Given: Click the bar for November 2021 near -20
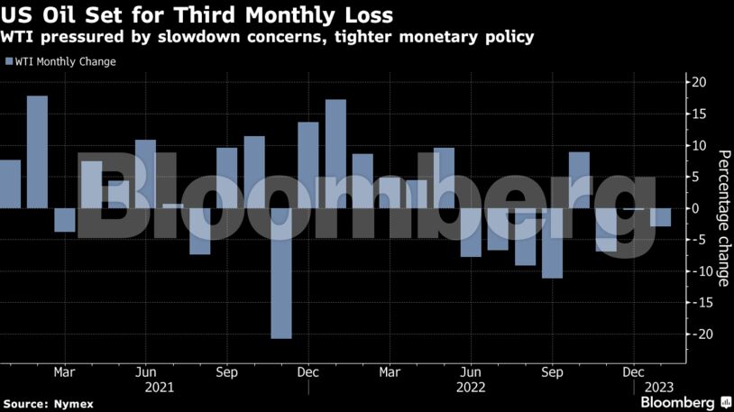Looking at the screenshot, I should coord(281,273).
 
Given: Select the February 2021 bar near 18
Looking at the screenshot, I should coord(37,151).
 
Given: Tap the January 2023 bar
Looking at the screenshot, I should coord(661,217).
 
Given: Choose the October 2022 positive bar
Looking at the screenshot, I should coord(580,179).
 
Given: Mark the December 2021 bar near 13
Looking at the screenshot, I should coord(308,165).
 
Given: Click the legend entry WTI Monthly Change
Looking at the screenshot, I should coord(60,61).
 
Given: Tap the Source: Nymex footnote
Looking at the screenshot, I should coord(48,403).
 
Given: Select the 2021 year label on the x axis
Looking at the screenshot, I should coord(159,387).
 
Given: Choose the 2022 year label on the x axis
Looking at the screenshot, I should coord(471,387).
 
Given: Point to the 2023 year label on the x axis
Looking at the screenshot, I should coord(654,387).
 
